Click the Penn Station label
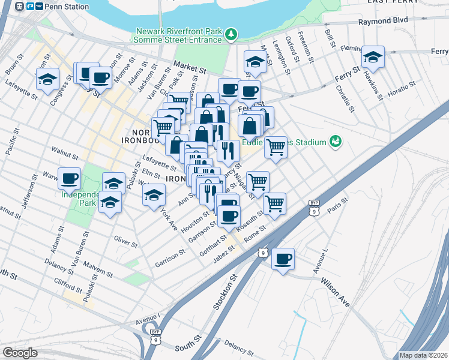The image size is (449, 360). (66, 7)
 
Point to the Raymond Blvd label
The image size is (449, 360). (383, 20)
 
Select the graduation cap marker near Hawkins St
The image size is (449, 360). (373, 58)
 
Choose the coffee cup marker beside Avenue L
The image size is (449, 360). (283, 259)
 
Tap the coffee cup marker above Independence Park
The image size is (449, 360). (70, 178)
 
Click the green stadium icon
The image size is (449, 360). (335, 142)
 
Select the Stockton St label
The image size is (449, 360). (221, 292)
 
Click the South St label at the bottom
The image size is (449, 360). (186, 347)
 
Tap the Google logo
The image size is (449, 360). (20, 353)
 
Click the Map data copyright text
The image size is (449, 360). (423, 355)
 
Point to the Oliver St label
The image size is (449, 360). (125, 241)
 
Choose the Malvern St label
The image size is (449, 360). (98, 269)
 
